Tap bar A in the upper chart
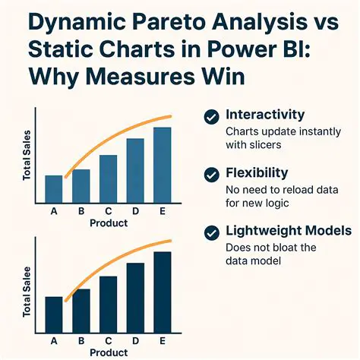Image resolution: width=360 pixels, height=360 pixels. pyautogui.click(x=54, y=188)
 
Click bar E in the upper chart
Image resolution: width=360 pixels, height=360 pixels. pyautogui.click(x=163, y=164)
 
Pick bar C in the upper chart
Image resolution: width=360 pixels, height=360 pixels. pyautogui.click(x=109, y=178)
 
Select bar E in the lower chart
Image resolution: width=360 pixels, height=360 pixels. pyautogui.click(x=163, y=289)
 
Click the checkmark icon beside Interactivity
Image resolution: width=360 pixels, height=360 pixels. pyautogui.click(x=213, y=116)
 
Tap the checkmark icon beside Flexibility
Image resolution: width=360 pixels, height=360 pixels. pyautogui.click(x=213, y=174)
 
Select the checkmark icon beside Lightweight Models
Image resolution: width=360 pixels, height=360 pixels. pyautogui.click(x=213, y=232)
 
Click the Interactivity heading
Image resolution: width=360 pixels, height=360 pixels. pyautogui.click(x=266, y=115)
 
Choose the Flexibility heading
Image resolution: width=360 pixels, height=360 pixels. pyautogui.click(x=256, y=173)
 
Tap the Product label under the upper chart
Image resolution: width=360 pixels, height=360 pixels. pyautogui.click(x=109, y=223)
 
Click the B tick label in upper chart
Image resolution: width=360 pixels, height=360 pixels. pyautogui.click(x=81, y=212)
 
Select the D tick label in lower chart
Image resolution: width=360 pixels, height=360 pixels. pyautogui.click(x=135, y=341)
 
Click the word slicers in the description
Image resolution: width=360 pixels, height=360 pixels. pyautogui.click(x=264, y=144)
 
